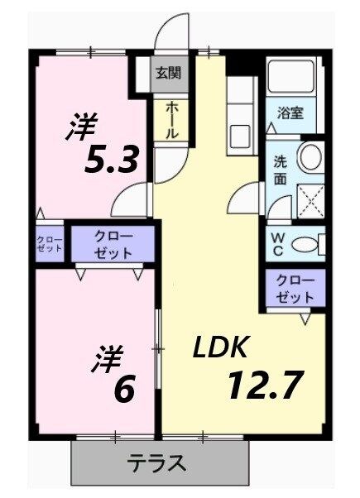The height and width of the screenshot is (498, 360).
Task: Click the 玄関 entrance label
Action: click(168, 72)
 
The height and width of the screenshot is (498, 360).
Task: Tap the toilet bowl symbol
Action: click(308, 243)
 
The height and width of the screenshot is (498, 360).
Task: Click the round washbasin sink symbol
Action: click(310, 157)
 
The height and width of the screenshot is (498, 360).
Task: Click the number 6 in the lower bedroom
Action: click(124, 390)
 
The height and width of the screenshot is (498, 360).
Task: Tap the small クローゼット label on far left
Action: click(47, 245)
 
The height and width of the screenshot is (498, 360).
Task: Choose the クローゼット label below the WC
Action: click(295, 289)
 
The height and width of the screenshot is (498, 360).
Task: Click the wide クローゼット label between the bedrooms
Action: click(113, 246)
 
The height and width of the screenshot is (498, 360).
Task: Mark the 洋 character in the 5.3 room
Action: click(82, 129)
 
